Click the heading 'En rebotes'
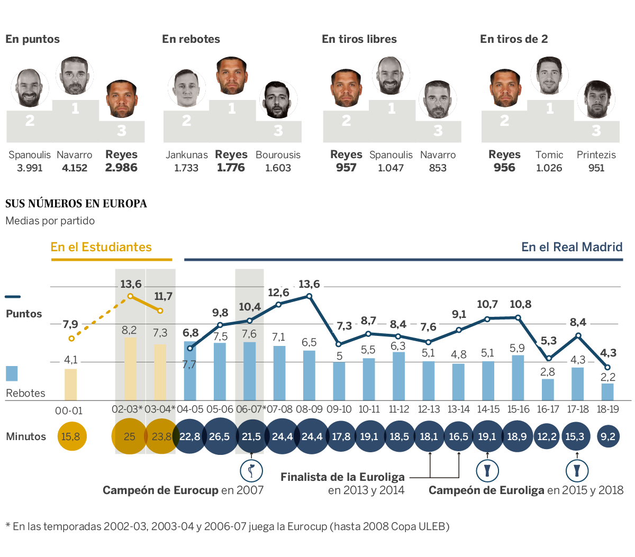coord(191,39)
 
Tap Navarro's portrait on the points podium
coord(75,76)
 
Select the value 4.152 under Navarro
coord(75,168)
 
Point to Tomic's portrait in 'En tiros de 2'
coord(549,76)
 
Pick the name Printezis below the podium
coord(596,155)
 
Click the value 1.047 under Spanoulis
coord(391,168)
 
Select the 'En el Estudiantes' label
coord(101,247)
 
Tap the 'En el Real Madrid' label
coord(572,247)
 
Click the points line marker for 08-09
coord(310,296)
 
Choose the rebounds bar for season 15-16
coord(518,377)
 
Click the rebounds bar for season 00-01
coord(71,384)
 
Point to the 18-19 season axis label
coord(607,409)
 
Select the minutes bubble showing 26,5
coord(219,436)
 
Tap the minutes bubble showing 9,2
coord(608,436)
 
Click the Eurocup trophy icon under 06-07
coord(251,470)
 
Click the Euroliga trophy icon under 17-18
coord(577,470)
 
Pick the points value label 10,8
coord(521,304)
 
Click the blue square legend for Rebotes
coord(12,373)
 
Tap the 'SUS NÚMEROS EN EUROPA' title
coord(76,204)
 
